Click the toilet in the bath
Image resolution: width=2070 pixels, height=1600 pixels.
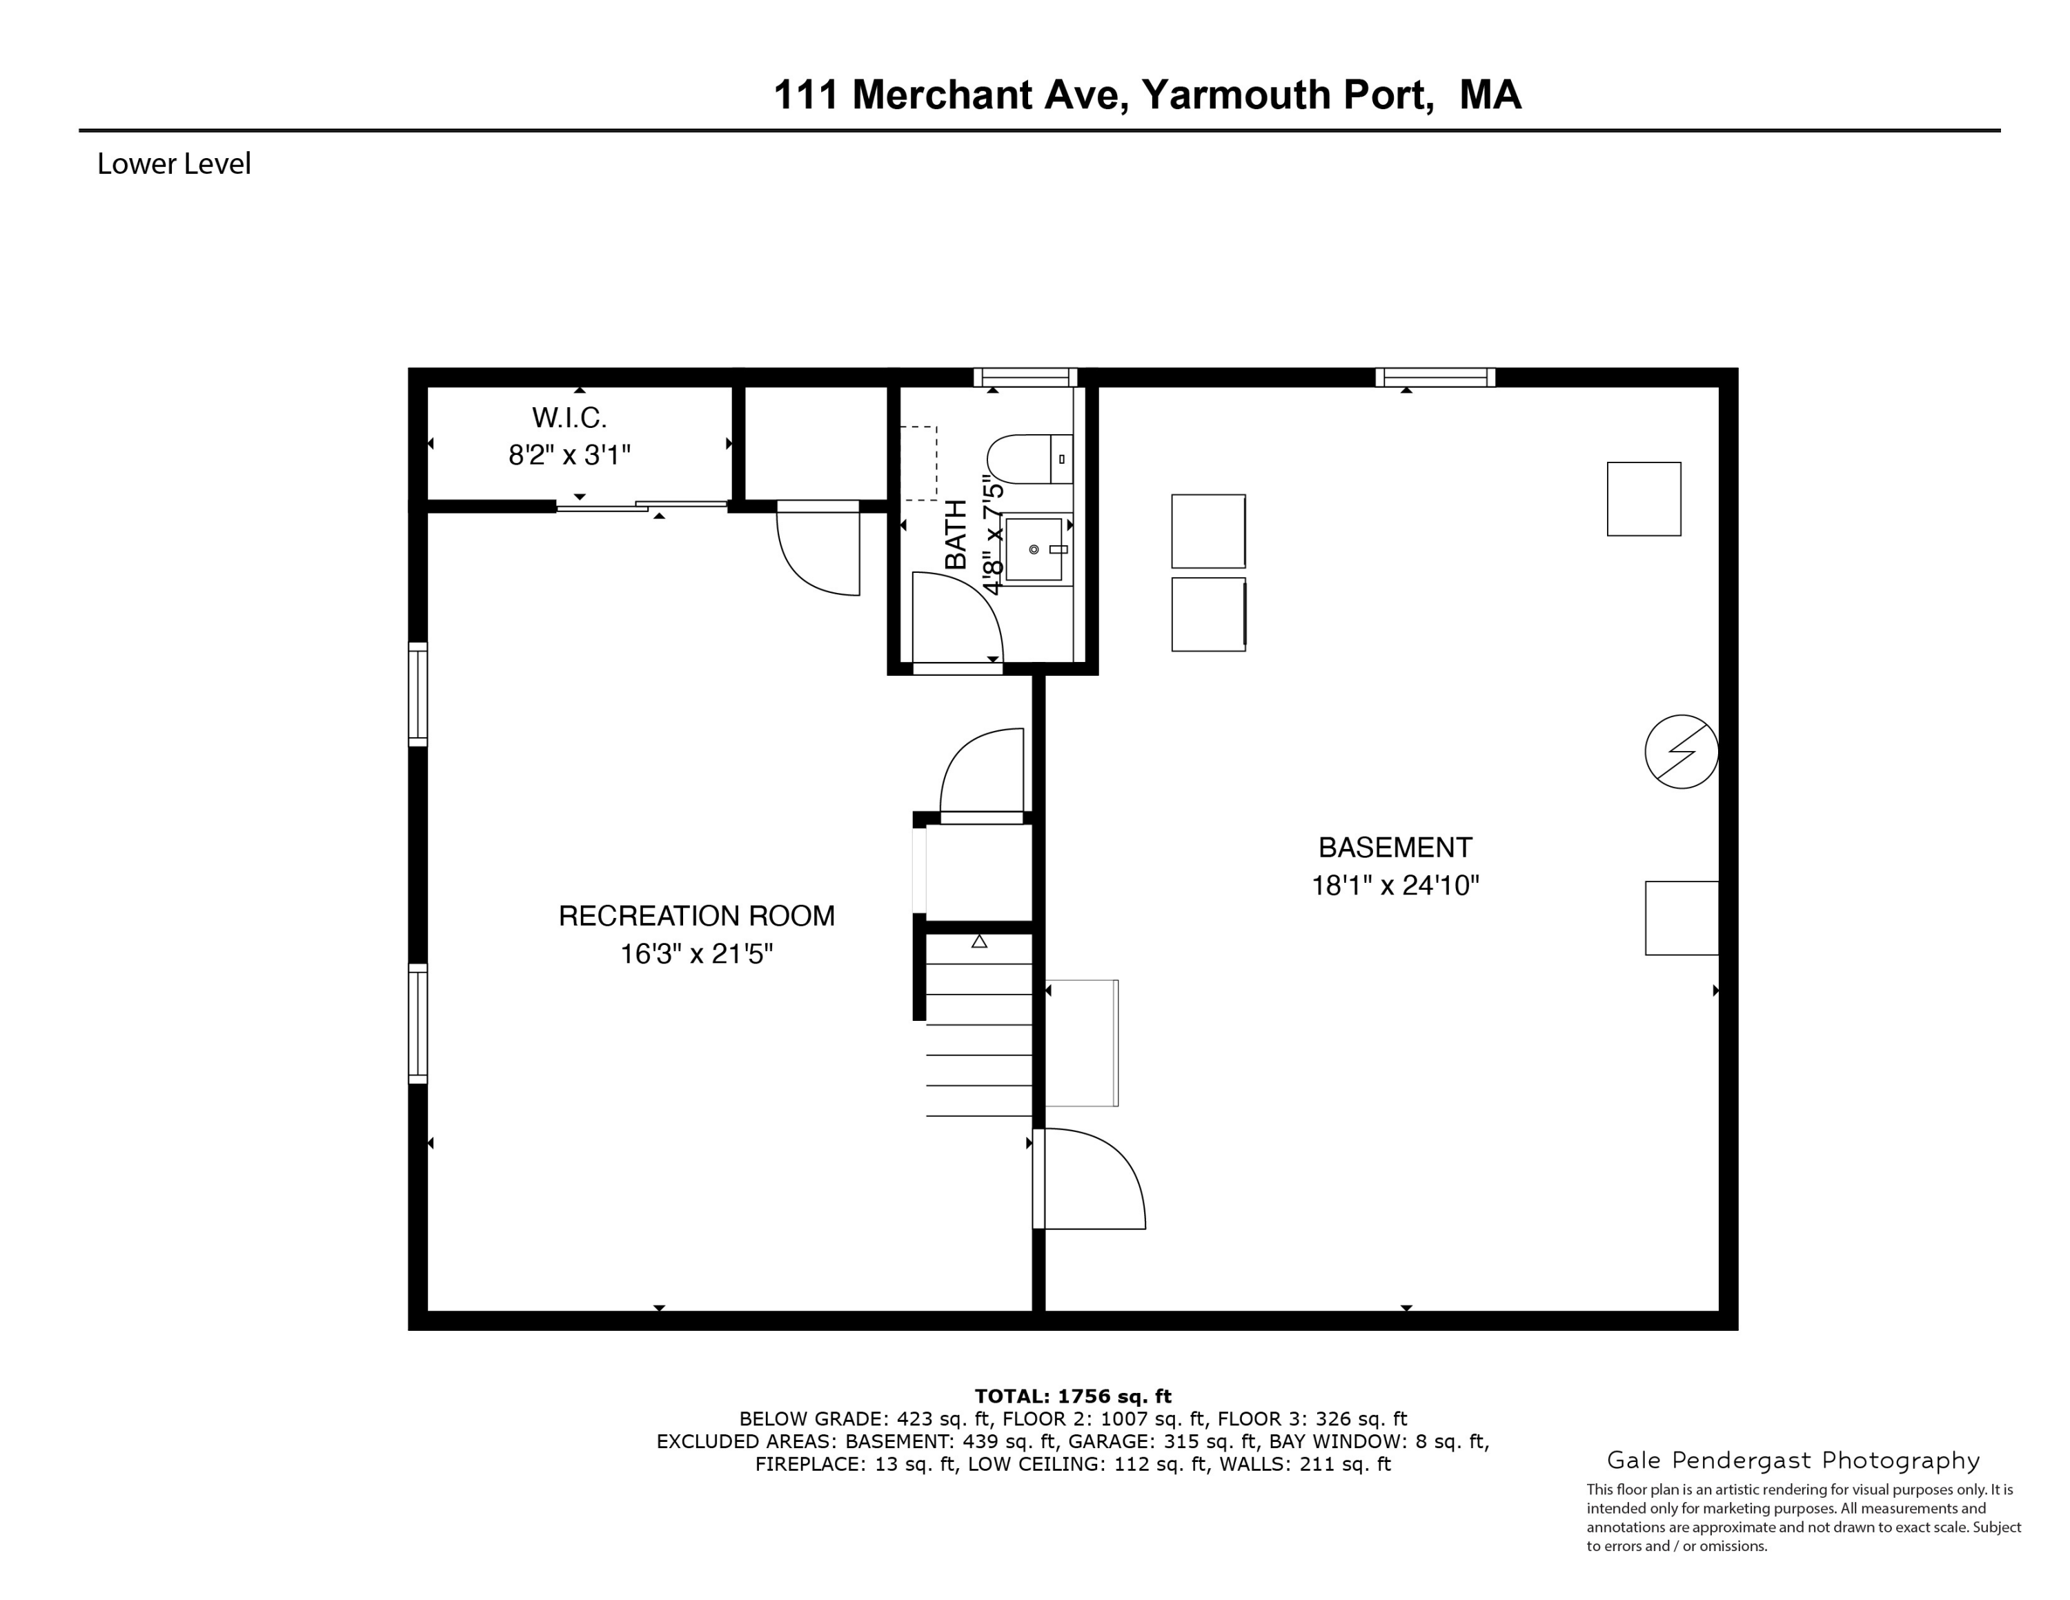coord(1027,459)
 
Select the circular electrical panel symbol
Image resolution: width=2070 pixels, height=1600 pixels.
coord(1680,751)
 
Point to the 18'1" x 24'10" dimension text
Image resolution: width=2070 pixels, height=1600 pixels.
coord(1394,886)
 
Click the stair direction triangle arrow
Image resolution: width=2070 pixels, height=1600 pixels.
coord(979,942)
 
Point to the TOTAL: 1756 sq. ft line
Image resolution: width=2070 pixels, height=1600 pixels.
coord(1072,1395)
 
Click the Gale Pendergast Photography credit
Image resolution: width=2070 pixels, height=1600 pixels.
coord(1793,1460)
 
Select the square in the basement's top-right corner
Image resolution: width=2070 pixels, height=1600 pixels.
coord(1644,498)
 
